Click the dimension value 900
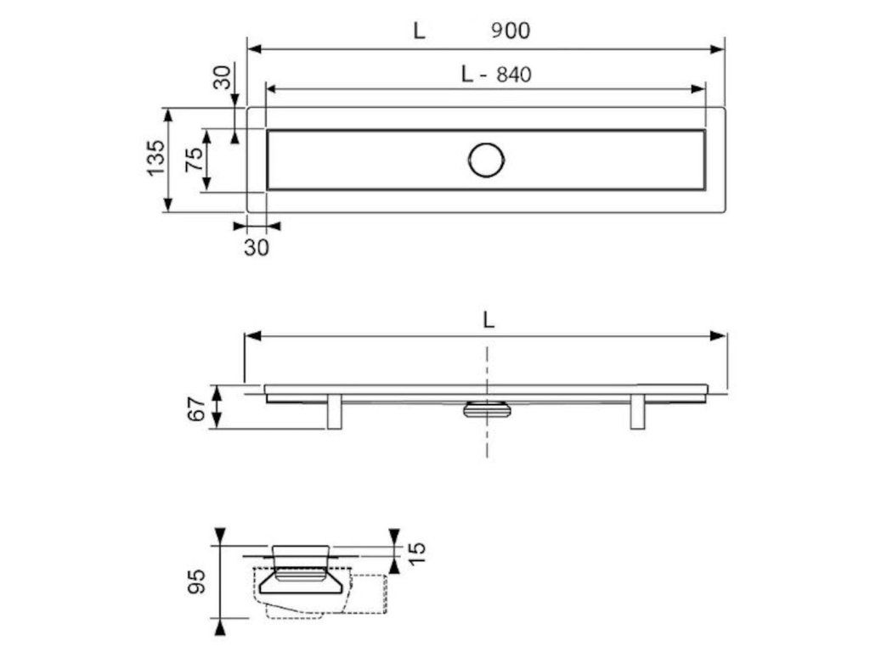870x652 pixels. pyautogui.click(x=511, y=31)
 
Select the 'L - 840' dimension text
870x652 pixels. pyautogui.click(x=496, y=74)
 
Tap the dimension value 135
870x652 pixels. pyautogui.click(x=156, y=158)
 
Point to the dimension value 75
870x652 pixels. pyautogui.click(x=195, y=160)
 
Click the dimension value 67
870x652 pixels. pyautogui.click(x=196, y=408)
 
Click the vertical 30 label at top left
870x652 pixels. pyautogui.click(x=222, y=77)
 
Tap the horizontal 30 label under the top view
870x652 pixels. pyautogui.click(x=257, y=247)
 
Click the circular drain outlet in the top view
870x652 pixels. pyautogui.click(x=487, y=160)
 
